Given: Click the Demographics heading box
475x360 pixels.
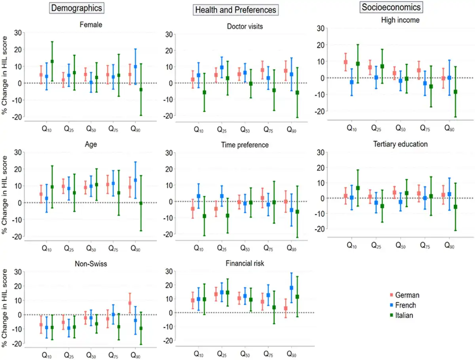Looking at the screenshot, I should click(x=76, y=8).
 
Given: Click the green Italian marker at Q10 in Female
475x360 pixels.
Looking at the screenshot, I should click(x=52, y=61).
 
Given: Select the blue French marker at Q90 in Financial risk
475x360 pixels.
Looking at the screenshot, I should click(x=291, y=288).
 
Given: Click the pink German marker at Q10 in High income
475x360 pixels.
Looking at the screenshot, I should click(x=346, y=62).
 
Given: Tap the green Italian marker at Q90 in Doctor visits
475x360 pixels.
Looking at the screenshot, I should click(x=297, y=93).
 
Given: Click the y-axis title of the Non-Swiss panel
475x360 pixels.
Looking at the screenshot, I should click(x=4, y=309).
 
